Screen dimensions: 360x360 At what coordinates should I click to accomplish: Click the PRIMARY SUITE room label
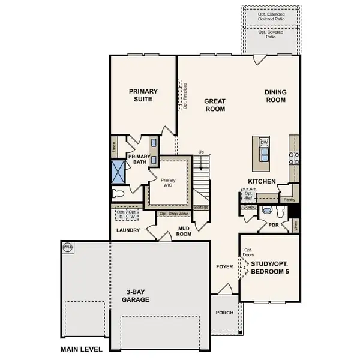click(x=143, y=95)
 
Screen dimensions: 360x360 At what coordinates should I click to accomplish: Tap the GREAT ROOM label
click(x=214, y=105)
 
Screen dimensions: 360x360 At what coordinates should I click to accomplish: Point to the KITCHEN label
click(x=262, y=181)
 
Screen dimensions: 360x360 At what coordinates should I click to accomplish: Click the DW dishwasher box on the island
click(x=263, y=142)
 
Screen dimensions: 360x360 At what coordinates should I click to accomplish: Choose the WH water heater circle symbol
click(x=68, y=247)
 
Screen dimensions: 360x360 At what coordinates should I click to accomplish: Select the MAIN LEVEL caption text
click(x=81, y=349)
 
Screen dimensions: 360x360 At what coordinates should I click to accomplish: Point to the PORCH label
click(x=224, y=313)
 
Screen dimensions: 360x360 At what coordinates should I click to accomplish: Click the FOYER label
click(x=224, y=266)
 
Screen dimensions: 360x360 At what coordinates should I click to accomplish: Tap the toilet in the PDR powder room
click(x=268, y=212)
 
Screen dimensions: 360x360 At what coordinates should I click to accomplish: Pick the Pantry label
click(x=289, y=199)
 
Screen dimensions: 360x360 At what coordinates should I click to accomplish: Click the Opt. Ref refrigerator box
click(x=248, y=195)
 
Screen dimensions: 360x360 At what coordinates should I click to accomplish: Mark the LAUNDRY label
click(x=128, y=230)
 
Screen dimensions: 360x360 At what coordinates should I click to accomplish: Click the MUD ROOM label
click(x=184, y=231)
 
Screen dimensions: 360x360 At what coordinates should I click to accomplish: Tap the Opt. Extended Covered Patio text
click(x=271, y=16)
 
